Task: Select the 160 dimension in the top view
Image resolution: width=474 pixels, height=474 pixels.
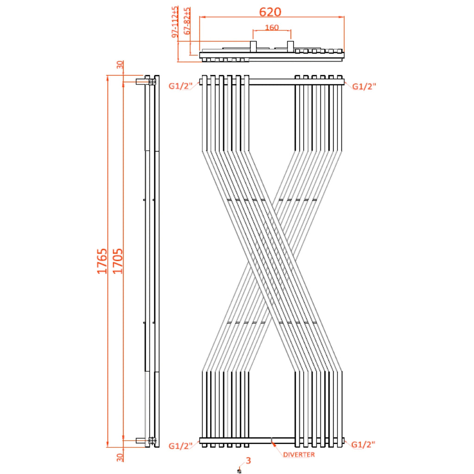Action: click(x=272, y=27)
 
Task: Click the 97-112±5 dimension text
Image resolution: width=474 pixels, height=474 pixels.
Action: click(x=175, y=22)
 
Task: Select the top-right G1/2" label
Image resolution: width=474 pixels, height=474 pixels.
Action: click(x=363, y=86)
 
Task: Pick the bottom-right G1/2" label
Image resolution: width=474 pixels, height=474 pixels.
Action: click(x=363, y=445)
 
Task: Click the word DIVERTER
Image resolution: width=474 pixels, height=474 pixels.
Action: click(x=299, y=455)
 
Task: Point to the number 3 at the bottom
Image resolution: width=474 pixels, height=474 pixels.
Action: click(x=248, y=461)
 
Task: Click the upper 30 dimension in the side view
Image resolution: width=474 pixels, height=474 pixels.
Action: click(x=120, y=65)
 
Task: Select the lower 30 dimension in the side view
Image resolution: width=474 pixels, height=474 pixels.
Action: click(x=120, y=457)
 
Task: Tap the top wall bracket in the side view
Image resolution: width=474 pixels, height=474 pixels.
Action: click(x=143, y=81)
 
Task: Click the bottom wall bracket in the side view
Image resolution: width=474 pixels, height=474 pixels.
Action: click(x=143, y=440)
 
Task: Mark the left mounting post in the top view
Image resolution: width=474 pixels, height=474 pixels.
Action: click(x=253, y=47)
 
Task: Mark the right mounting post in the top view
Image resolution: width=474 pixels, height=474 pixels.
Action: click(x=290, y=47)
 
